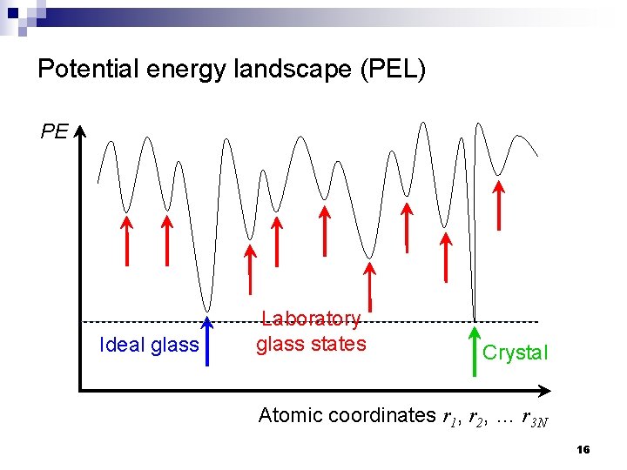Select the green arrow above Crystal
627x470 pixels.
tap(475, 352)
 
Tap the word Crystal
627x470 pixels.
tap(515, 352)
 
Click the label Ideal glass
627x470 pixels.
tap(150, 345)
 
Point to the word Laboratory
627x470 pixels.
tap(311, 319)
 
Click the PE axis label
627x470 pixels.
tap(54, 131)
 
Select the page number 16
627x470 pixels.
tap(583, 450)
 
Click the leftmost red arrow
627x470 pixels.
tap(125, 240)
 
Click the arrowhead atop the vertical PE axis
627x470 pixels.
tap(79, 132)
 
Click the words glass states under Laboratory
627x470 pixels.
tap(311, 344)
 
